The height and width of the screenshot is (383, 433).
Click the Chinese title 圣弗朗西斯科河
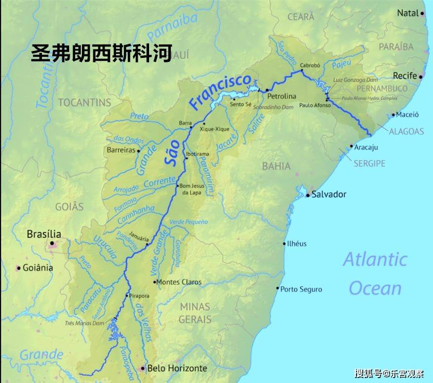tap(101, 53)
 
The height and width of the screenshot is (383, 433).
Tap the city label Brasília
tap(44, 234)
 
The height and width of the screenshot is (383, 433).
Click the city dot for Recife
tap(421, 77)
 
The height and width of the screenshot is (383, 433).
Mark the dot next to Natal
tap(423, 14)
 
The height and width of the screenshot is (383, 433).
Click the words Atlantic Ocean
tap(375, 273)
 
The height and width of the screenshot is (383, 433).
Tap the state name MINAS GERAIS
tap(195, 313)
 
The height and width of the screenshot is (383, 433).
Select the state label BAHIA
tap(276, 166)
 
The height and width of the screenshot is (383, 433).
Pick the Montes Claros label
tap(179, 282)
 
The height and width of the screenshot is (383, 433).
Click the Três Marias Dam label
tap(84, 323)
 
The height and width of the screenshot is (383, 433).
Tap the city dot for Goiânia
tap(18, 268)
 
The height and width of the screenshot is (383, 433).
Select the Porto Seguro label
tap(301, 289)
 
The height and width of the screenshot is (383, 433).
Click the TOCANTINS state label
tap(84, 103)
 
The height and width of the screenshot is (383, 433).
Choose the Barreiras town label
tap(121, 150)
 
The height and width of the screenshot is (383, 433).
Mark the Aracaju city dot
tap(352, 146)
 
